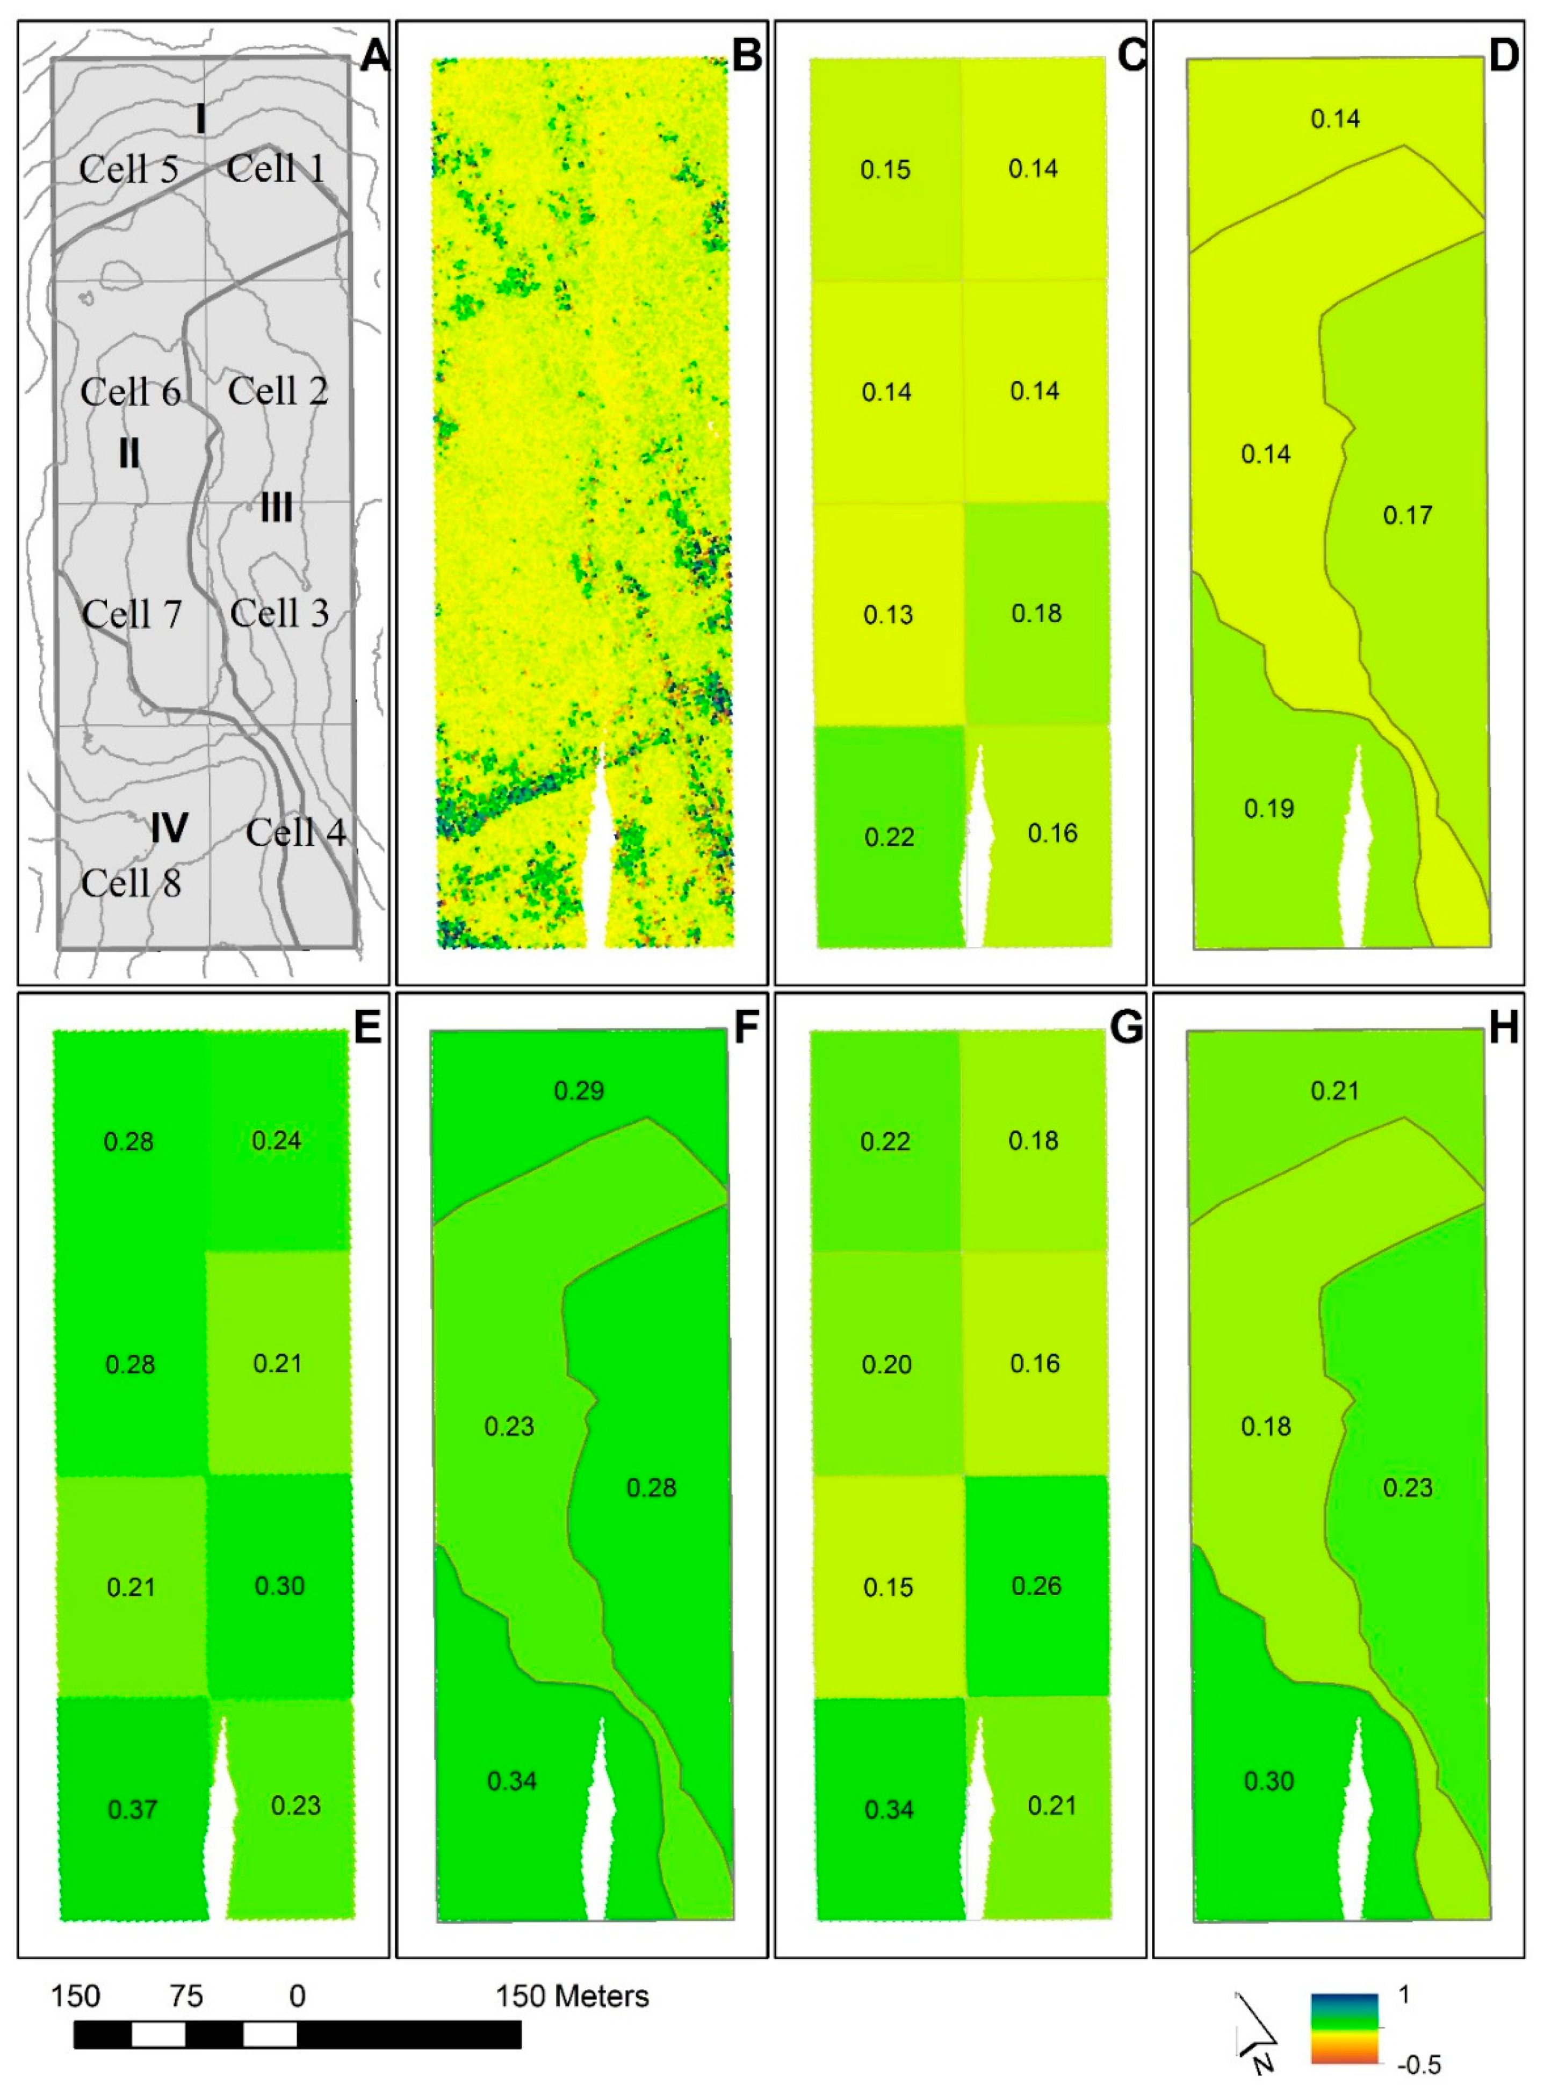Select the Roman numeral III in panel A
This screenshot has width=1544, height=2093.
(x=276, y=508)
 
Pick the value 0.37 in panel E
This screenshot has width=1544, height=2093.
(x=133, y=1810)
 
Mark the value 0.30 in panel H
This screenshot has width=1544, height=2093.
(x=1268, y=1781)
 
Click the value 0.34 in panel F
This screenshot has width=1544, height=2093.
(x=512, y=1781)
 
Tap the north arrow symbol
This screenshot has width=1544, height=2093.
(x=1257, y=2030)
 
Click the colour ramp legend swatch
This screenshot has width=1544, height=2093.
(x=1344, y=2029)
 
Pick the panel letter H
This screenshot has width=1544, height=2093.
(x=1503, y=1028)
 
